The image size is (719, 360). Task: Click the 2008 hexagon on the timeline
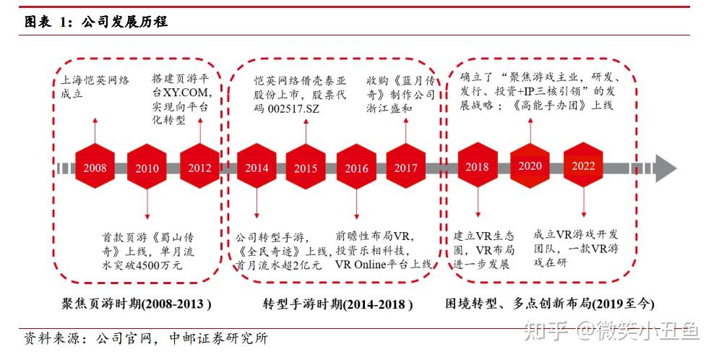pyautogui.click(x=95, y=168)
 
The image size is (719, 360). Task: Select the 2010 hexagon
pyautogui.click(x=147, y=168)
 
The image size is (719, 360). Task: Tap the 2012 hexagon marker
pyautogui.click(x=199, y=168)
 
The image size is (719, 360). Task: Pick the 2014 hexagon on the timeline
pyautogui.click(x=256, y=168)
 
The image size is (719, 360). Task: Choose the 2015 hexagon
pyautogui.click(x=306, y=168)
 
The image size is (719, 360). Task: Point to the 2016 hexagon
pyautogui.click(x=356, y=168)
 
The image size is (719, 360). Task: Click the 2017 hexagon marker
pyautogui.click(x=406, y=168)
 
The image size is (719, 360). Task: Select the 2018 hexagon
pyautogui.click(x=477, y=167)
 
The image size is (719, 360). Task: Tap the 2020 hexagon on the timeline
pyautogui.click(x=530, y=166)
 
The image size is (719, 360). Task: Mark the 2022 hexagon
pyautogui.click(x=584, y=166)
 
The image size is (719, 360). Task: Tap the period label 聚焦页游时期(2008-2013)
pyautogui.click(x=137, y=303)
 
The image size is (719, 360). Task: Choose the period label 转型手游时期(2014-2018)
pyautogui.click(x=337, y=304)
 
